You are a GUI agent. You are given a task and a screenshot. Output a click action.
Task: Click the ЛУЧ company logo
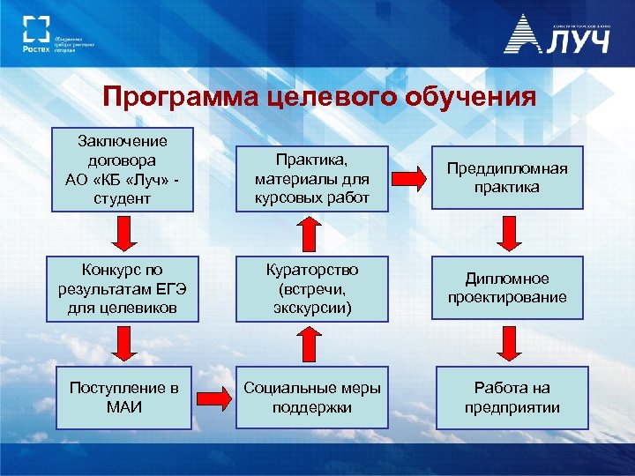click(557, 35)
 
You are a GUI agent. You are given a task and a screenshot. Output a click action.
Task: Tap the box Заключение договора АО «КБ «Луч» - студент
click(122, 171)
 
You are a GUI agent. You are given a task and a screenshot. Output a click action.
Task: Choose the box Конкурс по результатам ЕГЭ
click(122, 287)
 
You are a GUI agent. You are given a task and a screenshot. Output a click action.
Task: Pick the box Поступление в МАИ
click(122, 398)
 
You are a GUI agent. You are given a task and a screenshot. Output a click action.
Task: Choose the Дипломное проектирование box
click(506, 287)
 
